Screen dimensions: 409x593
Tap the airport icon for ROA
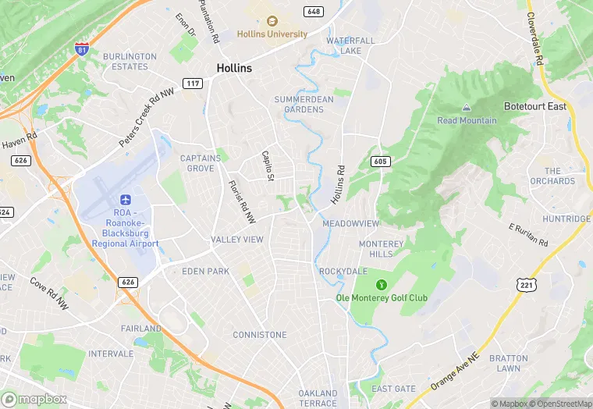click(x=125, y=201)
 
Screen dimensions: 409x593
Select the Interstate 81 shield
click(x=82, y=49)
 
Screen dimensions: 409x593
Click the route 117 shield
click(x=193, y=83)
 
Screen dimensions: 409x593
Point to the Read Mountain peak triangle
click(x=467, y=108)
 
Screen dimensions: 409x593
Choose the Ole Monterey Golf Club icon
click(x=382, y=284)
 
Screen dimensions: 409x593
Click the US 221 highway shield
click(x=526, y=285)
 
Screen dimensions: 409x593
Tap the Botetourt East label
click(x=535, y=106)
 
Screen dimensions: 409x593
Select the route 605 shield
click(x=380, y=161)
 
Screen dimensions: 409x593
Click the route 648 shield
click(x=314, y=11)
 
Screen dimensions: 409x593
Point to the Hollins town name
click(x=234, y=68)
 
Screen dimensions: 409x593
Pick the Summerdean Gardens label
click(x=299, y=104)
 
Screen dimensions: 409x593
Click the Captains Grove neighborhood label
click(x=201, y=162)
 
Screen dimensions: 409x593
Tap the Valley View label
click(x=237, y=240)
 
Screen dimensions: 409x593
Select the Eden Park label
click(x=205, y=271)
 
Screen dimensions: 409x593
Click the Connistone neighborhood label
click(x=260, y=335)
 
